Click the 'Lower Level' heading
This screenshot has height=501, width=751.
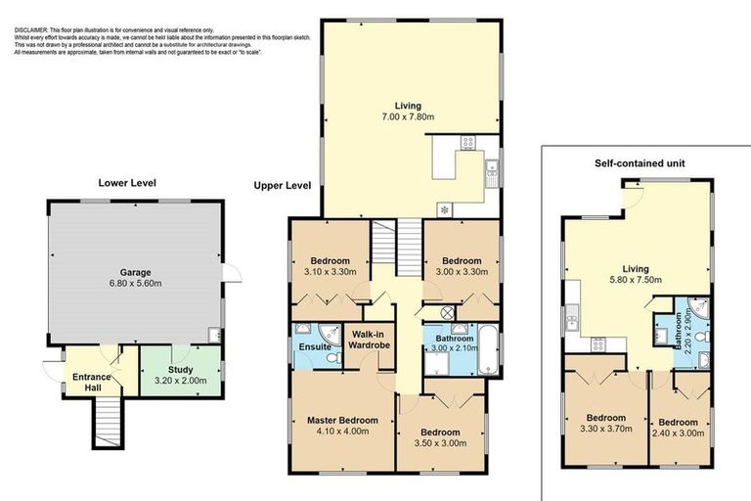127,182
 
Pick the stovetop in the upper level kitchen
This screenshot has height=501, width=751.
467,142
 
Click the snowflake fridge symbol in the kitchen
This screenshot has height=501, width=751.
445,209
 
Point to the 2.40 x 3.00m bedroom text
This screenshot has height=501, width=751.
680,430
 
